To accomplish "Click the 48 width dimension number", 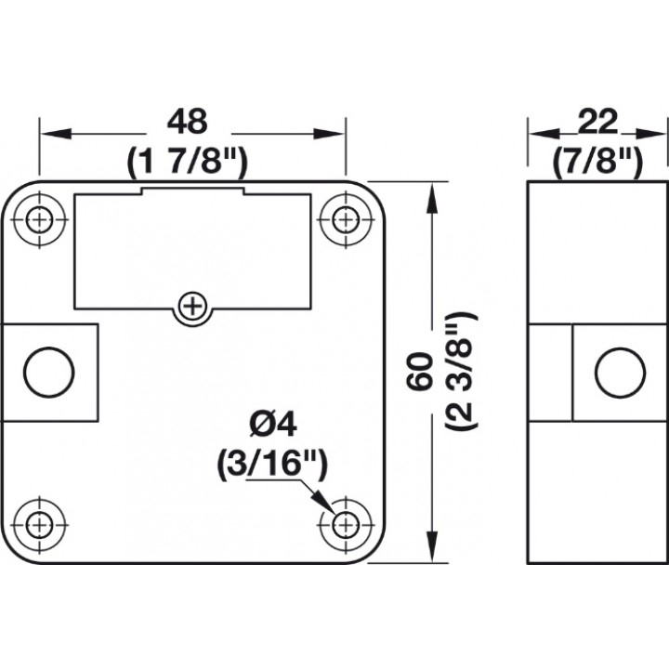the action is tap(188, 122).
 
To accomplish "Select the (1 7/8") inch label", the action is tap(187, 162).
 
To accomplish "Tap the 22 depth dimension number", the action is tap(597, 122).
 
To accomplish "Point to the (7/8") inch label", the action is tap(597, 162).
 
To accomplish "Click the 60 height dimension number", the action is tap(420, 371).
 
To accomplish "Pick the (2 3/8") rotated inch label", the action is tap(461, 371).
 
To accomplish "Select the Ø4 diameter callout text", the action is tap(272, 425).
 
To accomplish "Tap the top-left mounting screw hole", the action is tap(39, 220).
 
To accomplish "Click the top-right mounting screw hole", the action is tap(346, 220).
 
